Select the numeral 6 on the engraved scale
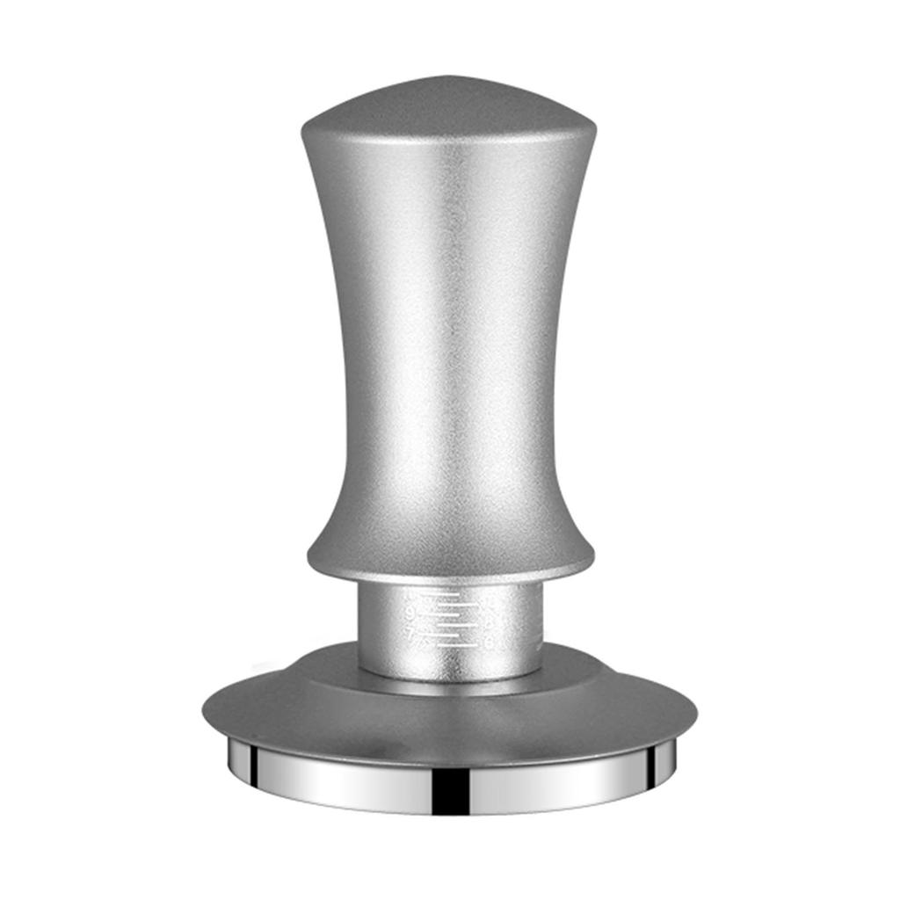(x=490, y=643)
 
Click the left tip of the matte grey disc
(x=206, y=708)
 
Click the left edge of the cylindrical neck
(x=360, y=628)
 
